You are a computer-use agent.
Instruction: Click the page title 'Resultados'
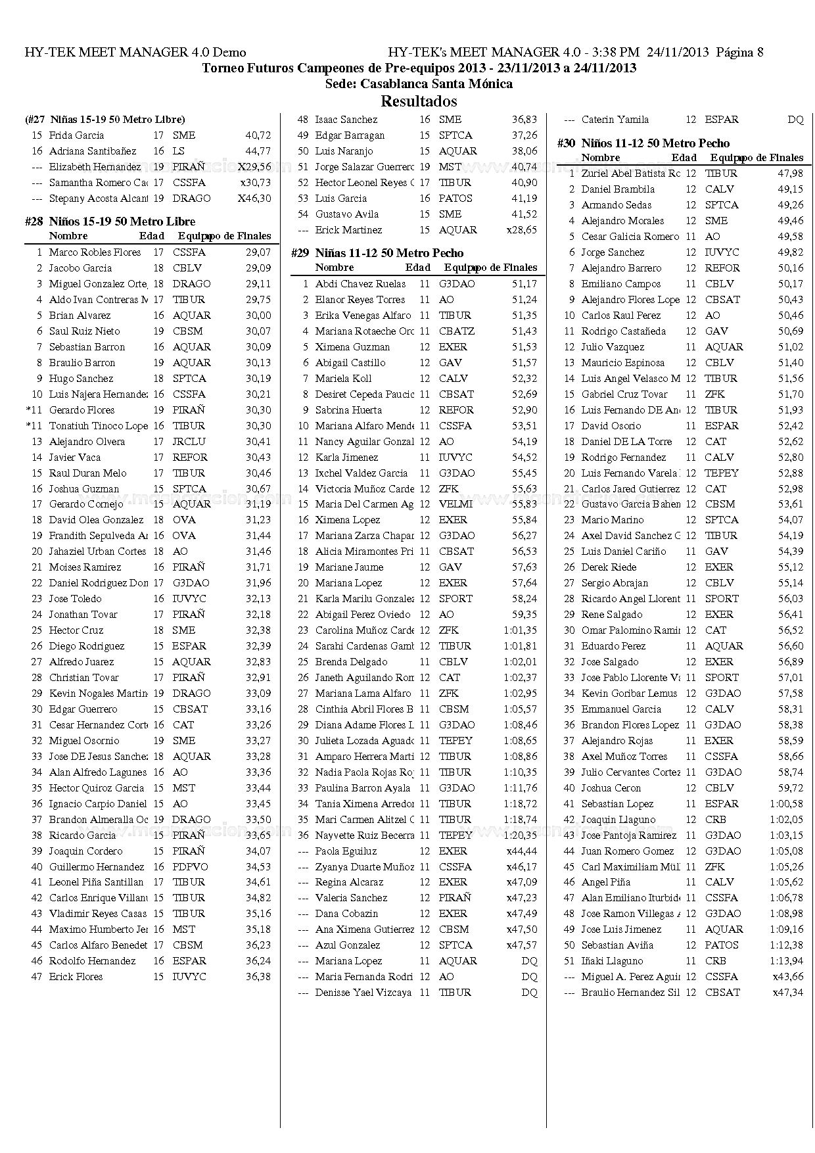coord(419,101)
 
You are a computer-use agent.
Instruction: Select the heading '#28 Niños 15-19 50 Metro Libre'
coord(110,222)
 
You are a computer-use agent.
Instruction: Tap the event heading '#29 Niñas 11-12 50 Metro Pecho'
coord(377,253)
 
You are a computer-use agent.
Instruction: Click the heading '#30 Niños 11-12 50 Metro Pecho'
coord(643,143)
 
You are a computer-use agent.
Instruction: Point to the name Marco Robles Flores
coord(95,252)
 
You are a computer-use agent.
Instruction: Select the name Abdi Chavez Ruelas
coord(360,284)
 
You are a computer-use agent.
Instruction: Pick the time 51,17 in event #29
coord(524,284)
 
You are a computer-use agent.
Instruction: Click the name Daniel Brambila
coord(618,189)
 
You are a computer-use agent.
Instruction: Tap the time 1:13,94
coord(787,961)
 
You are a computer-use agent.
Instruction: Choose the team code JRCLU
coord(189,442)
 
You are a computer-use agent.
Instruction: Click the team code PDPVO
coord(190,867)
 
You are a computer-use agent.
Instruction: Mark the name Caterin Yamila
coord(615,120)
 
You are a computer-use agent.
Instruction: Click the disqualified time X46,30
coord(255,199)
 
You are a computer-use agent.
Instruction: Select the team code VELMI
coord(455,504)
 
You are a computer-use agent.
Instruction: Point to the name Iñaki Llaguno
coord(612,961)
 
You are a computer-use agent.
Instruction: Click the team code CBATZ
coord(456,331)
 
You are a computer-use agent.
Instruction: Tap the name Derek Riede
coord(609,567)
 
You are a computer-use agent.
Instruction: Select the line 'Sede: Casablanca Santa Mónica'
coord(419,84)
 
